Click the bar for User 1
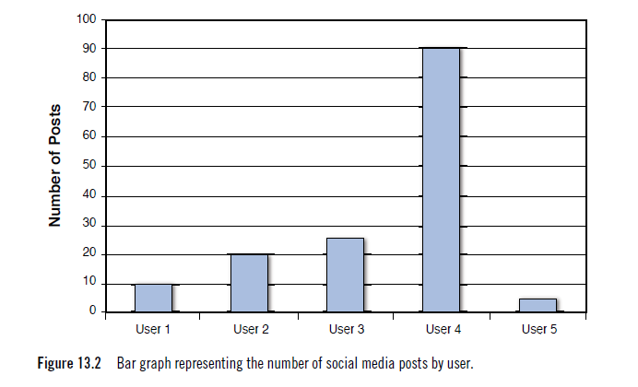(152, 298)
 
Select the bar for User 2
(249, 283)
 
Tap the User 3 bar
(345, 275)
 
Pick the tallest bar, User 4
(440, 180)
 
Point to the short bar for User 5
(537, 305)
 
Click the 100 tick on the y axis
(87, 19)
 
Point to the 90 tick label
(89, 49)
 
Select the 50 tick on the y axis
(89, 167)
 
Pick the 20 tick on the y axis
(89, 254)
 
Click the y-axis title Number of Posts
(55, 166)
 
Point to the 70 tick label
(89, 108)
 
